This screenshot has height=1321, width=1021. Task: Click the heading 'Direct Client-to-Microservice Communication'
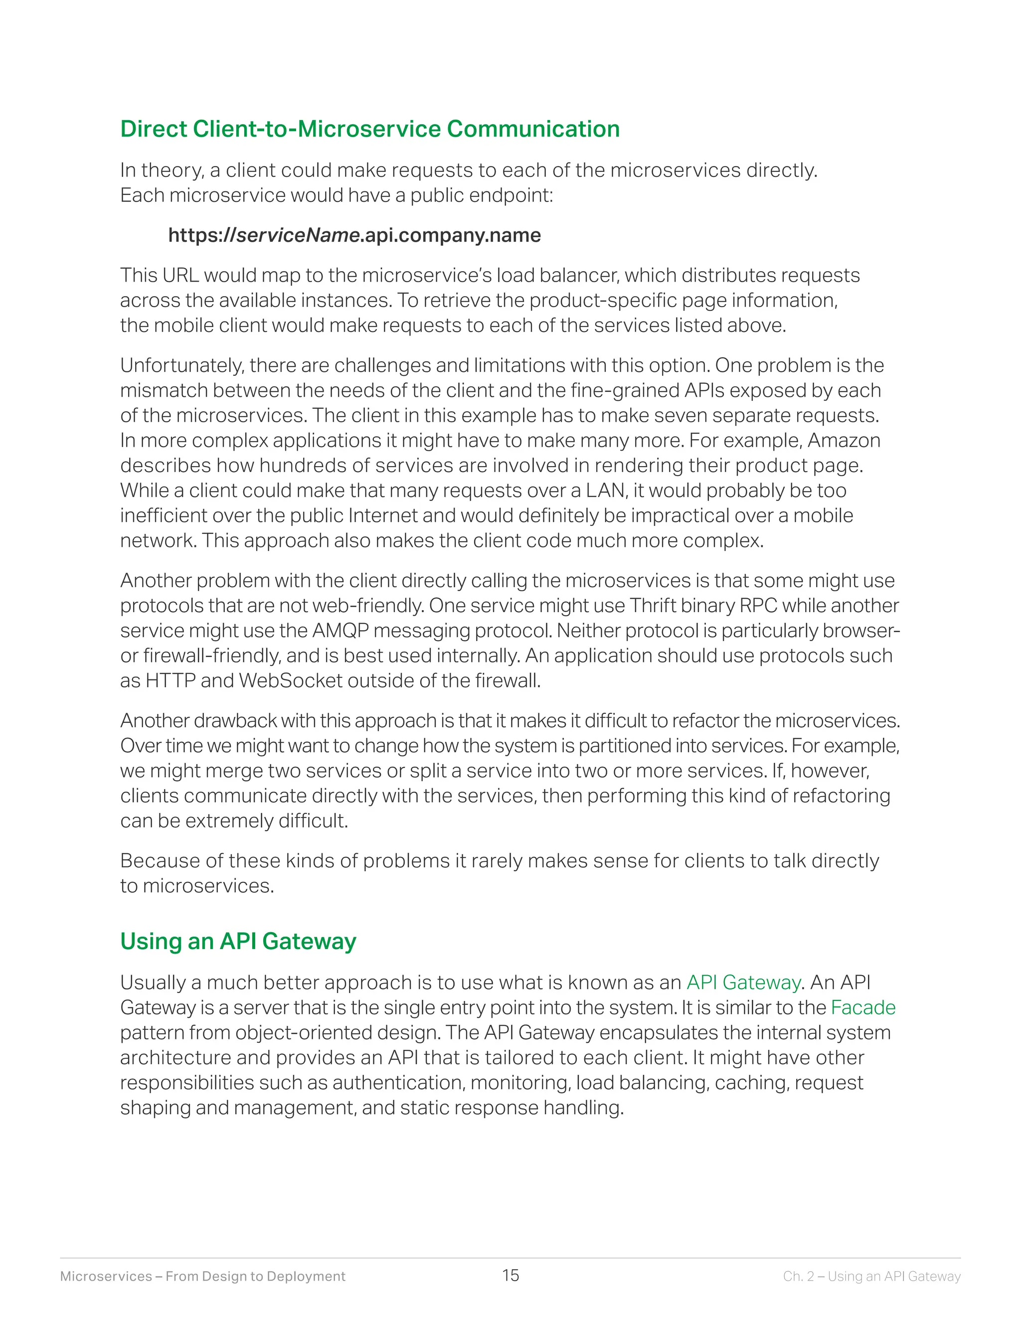click(369, 129)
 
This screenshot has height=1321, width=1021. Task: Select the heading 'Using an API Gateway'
click(238, 941)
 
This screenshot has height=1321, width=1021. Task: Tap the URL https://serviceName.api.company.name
click(354, 235)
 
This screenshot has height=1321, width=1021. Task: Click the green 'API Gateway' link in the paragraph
click(743, 983)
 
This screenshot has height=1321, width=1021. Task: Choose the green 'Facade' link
click(862, 1007)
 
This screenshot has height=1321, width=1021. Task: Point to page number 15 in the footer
click(510, 1276)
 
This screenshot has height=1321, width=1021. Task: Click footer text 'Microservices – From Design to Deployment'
click(202, 1276)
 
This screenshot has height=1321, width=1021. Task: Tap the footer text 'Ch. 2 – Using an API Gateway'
click(871, 1276)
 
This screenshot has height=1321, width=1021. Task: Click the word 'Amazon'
click(844, 440)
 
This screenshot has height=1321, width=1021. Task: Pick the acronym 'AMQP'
click(340, 630)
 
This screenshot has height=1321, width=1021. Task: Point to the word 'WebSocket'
click(291, 680)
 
